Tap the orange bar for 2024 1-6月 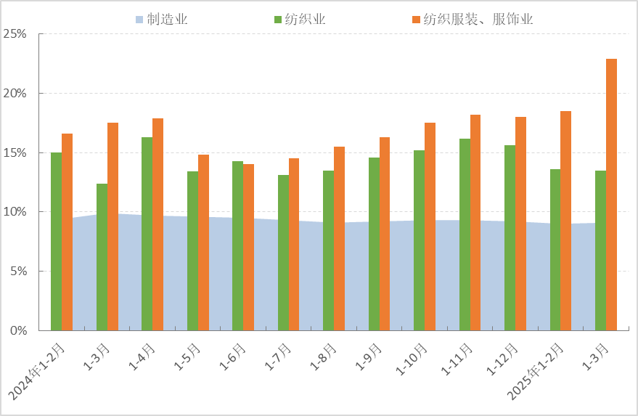(x=248, y=247)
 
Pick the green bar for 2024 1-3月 (x=102, y=257)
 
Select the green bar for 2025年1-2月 (x=555, y=250)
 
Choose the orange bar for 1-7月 (x=294, y=244)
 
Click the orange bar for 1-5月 (x=203, y=242)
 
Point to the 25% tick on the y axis (x=15, y=34)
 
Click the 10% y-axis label (x=15, y=212)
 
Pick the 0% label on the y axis (x=18, y=330)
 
